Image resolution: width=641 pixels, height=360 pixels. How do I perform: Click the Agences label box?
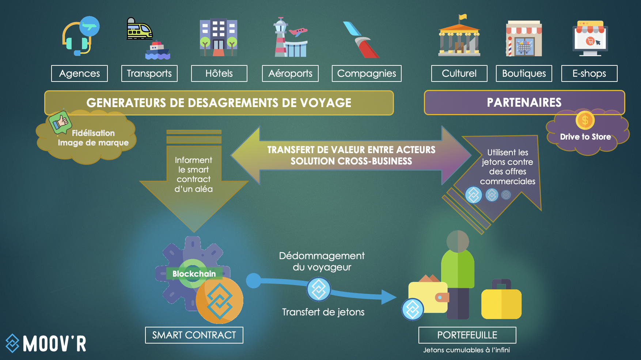(x=79, y=73)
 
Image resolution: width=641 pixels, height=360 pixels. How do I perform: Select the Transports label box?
(x=149, y=73)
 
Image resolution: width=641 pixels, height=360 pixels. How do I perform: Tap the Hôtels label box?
(x=219, y=73)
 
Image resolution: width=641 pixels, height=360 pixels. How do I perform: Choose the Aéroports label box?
(x=290, y=73)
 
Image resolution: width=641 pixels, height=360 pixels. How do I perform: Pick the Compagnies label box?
(x=366, y=73)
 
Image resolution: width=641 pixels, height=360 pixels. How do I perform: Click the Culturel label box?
(x=459, y=73)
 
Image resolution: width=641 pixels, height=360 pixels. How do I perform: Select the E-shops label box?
(x=589, y=73)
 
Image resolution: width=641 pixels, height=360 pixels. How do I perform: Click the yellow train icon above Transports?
(x=139, y=29)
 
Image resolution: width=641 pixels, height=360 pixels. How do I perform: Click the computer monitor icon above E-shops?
(x=590, y=38)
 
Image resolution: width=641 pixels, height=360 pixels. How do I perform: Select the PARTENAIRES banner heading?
(x=524, y=103)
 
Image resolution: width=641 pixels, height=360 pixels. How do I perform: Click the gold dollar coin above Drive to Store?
(x=585, y=120)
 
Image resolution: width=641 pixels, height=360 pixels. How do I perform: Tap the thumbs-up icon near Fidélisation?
(x=61, y=122)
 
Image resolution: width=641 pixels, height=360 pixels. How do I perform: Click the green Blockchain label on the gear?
(x=194, y=274)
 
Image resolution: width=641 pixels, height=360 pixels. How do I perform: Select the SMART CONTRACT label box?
(x=194, y=335)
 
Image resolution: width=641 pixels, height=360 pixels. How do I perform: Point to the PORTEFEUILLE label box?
(x=467, y=335)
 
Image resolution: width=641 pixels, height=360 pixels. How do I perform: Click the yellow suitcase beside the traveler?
(x=501, y=302)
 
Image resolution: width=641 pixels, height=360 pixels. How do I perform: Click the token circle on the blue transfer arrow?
(x=319, y=289)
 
